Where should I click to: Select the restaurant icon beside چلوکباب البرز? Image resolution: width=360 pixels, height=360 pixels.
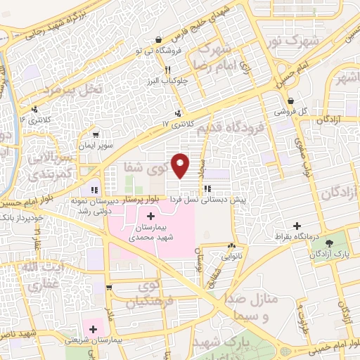(x=167, y=70)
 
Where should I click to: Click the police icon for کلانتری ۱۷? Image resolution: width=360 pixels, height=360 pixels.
(x=179, y=112)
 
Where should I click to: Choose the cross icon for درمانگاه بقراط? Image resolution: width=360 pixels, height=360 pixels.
(x=297, y=226)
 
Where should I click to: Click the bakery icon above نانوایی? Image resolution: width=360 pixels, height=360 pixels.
(x=231, y=245)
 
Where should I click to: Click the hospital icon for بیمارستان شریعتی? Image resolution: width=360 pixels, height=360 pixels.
(x=93, y=328)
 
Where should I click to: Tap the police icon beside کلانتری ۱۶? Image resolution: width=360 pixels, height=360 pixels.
(x=34, y=109)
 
